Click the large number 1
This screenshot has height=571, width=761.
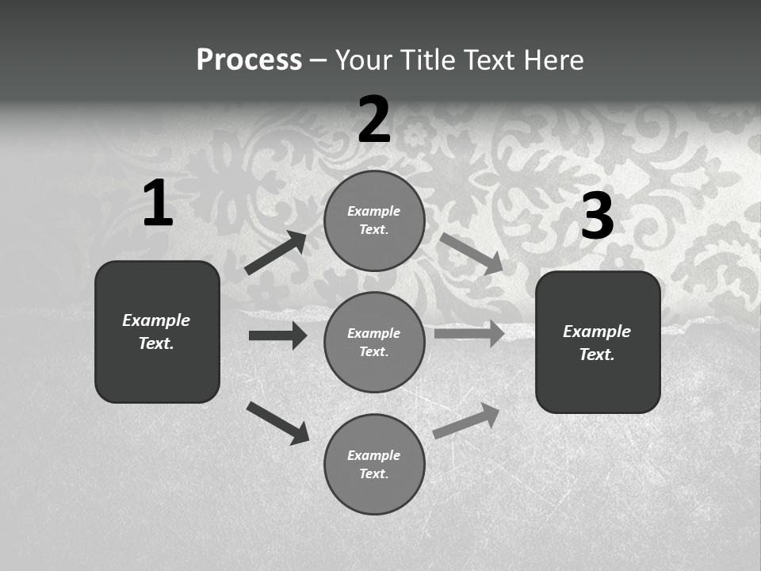pos(158,204)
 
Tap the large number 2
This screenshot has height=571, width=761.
pos(374,120)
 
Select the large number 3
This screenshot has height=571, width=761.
pos(597,217)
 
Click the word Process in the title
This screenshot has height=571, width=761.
pos(249,59)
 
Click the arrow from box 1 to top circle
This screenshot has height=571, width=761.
pos(276,253)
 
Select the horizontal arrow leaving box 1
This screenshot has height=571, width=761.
pos(277,335)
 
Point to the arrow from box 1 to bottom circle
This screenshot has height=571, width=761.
pos(277,423)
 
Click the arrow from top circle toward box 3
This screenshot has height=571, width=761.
pos(471,253)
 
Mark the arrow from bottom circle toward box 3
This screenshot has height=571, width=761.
pos(466,421)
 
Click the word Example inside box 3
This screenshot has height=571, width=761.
pos(597,331)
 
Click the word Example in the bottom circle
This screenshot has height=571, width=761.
pos(373,455)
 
